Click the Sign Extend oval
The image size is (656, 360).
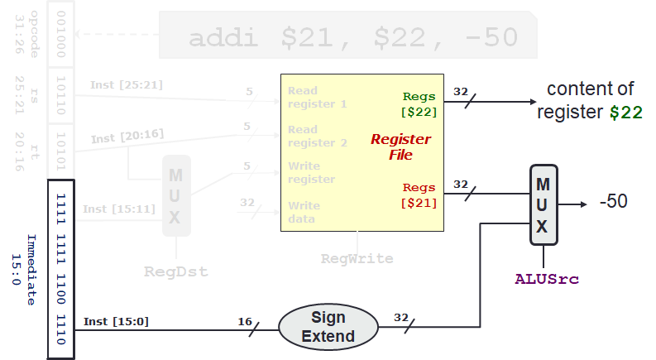point(328,327)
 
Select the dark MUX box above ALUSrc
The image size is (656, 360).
point(543,203)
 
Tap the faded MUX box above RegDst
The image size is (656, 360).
point(175,195)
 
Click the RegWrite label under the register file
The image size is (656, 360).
point(357,258)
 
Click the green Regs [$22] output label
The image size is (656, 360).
point(419,104)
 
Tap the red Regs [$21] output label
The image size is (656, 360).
point(419,195)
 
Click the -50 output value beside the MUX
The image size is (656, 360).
point(613,201)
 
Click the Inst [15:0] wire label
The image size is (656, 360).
point(116,321)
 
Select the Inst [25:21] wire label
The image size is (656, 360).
point(115,84)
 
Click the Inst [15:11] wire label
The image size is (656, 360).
point(118,208)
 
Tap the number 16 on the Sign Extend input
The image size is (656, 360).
point(244,320)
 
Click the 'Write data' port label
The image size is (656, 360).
point(304,212)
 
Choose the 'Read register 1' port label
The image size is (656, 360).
point(317,98)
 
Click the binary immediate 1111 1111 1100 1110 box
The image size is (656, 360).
point(61,269)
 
